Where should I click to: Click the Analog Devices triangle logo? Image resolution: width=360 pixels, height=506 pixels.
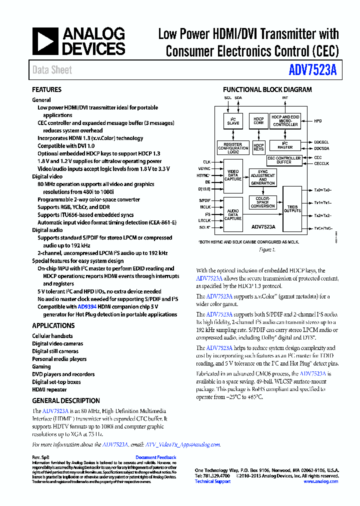44,41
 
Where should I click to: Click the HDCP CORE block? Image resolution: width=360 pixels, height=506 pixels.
258,121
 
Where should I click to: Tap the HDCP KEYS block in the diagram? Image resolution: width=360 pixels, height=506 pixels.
258,147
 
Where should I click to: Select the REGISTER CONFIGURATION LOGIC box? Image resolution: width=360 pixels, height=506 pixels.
233,147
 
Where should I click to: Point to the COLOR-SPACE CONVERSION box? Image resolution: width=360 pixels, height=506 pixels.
262,202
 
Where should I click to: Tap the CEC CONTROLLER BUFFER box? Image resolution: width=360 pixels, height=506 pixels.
284,160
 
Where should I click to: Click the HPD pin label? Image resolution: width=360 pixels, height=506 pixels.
318,121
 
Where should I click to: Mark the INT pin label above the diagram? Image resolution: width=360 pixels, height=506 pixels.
285,98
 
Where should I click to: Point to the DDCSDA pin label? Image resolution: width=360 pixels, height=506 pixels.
321,148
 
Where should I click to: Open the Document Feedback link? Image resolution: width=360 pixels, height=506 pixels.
155,457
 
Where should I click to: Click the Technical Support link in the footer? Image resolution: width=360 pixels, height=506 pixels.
212,481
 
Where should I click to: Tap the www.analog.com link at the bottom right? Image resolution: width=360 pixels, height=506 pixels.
320,481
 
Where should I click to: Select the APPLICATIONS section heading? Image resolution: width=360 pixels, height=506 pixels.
53,325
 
